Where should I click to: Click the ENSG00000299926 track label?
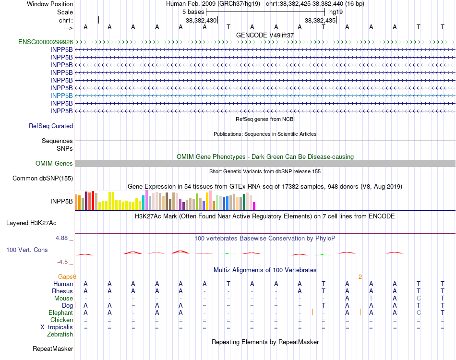click(46, 42)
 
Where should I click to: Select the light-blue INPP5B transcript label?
click(61, 96)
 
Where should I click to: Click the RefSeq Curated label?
click(51, 126)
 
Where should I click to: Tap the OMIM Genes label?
click(54, 164)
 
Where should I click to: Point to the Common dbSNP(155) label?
click(43, 179)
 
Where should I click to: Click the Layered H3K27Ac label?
click(31, 223)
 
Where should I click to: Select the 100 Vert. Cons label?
click(27, 250)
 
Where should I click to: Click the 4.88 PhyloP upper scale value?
click(63, 238)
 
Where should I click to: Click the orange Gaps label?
click(67, 277)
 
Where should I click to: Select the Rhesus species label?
click(62, 291)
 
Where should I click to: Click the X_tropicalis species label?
click(57, 327)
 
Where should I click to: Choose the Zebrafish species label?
click(60, 335)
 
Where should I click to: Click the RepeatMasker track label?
click(53, 349)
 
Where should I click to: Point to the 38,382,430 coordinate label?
click(201, 20)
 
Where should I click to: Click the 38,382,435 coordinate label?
click(320, 20)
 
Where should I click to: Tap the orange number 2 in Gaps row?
click(360, 277)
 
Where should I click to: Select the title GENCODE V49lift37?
click(265, 35)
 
